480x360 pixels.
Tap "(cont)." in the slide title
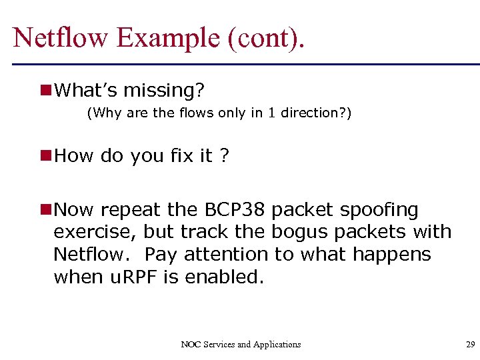pyautogui.click(x=267, y=37)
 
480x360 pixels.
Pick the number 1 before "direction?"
pyautogui.click(x=271, y=113)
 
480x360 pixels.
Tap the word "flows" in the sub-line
pyautogui.click(x=196, y=113)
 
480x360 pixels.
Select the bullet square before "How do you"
pyautogui.click(x=46, y=155)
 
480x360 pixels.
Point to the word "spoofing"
pyautogui.click(x=379, y=210)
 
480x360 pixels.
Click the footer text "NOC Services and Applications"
pyautogui.click(x=241, y=345)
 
